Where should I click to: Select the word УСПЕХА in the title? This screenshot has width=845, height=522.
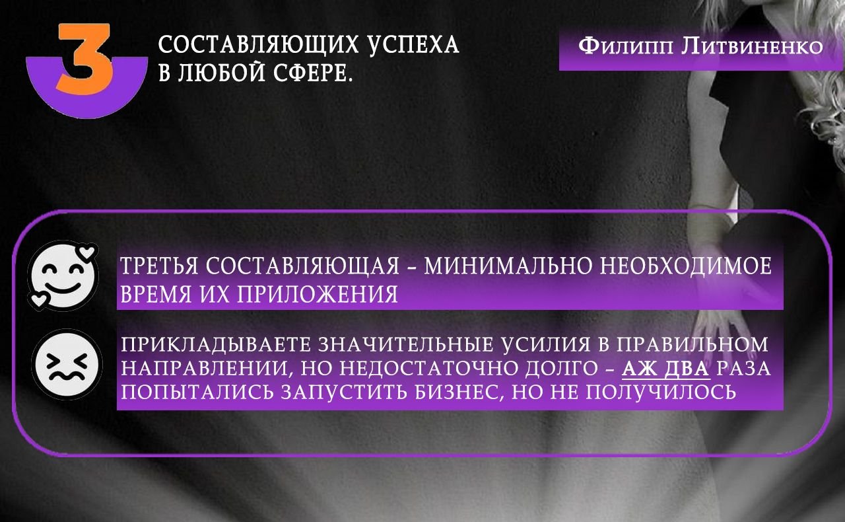(x=413, y=44)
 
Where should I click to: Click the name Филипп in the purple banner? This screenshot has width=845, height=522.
(x=625, y=47)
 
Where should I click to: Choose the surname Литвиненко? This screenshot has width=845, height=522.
(x=752, y=47)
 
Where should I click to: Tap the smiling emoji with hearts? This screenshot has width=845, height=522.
(x=63, y=276)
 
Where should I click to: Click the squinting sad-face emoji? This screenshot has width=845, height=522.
(x=67, y=364)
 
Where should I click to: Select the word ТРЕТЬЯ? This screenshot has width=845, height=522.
(x=159, y=266)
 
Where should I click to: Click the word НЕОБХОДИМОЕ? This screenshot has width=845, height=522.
(x=686, y=266)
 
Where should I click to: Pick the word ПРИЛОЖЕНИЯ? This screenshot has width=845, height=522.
(x=318, y=294)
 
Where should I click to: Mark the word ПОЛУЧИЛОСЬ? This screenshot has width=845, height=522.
(x=661, y=392)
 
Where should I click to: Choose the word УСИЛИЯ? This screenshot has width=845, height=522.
(x=545, y=344)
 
